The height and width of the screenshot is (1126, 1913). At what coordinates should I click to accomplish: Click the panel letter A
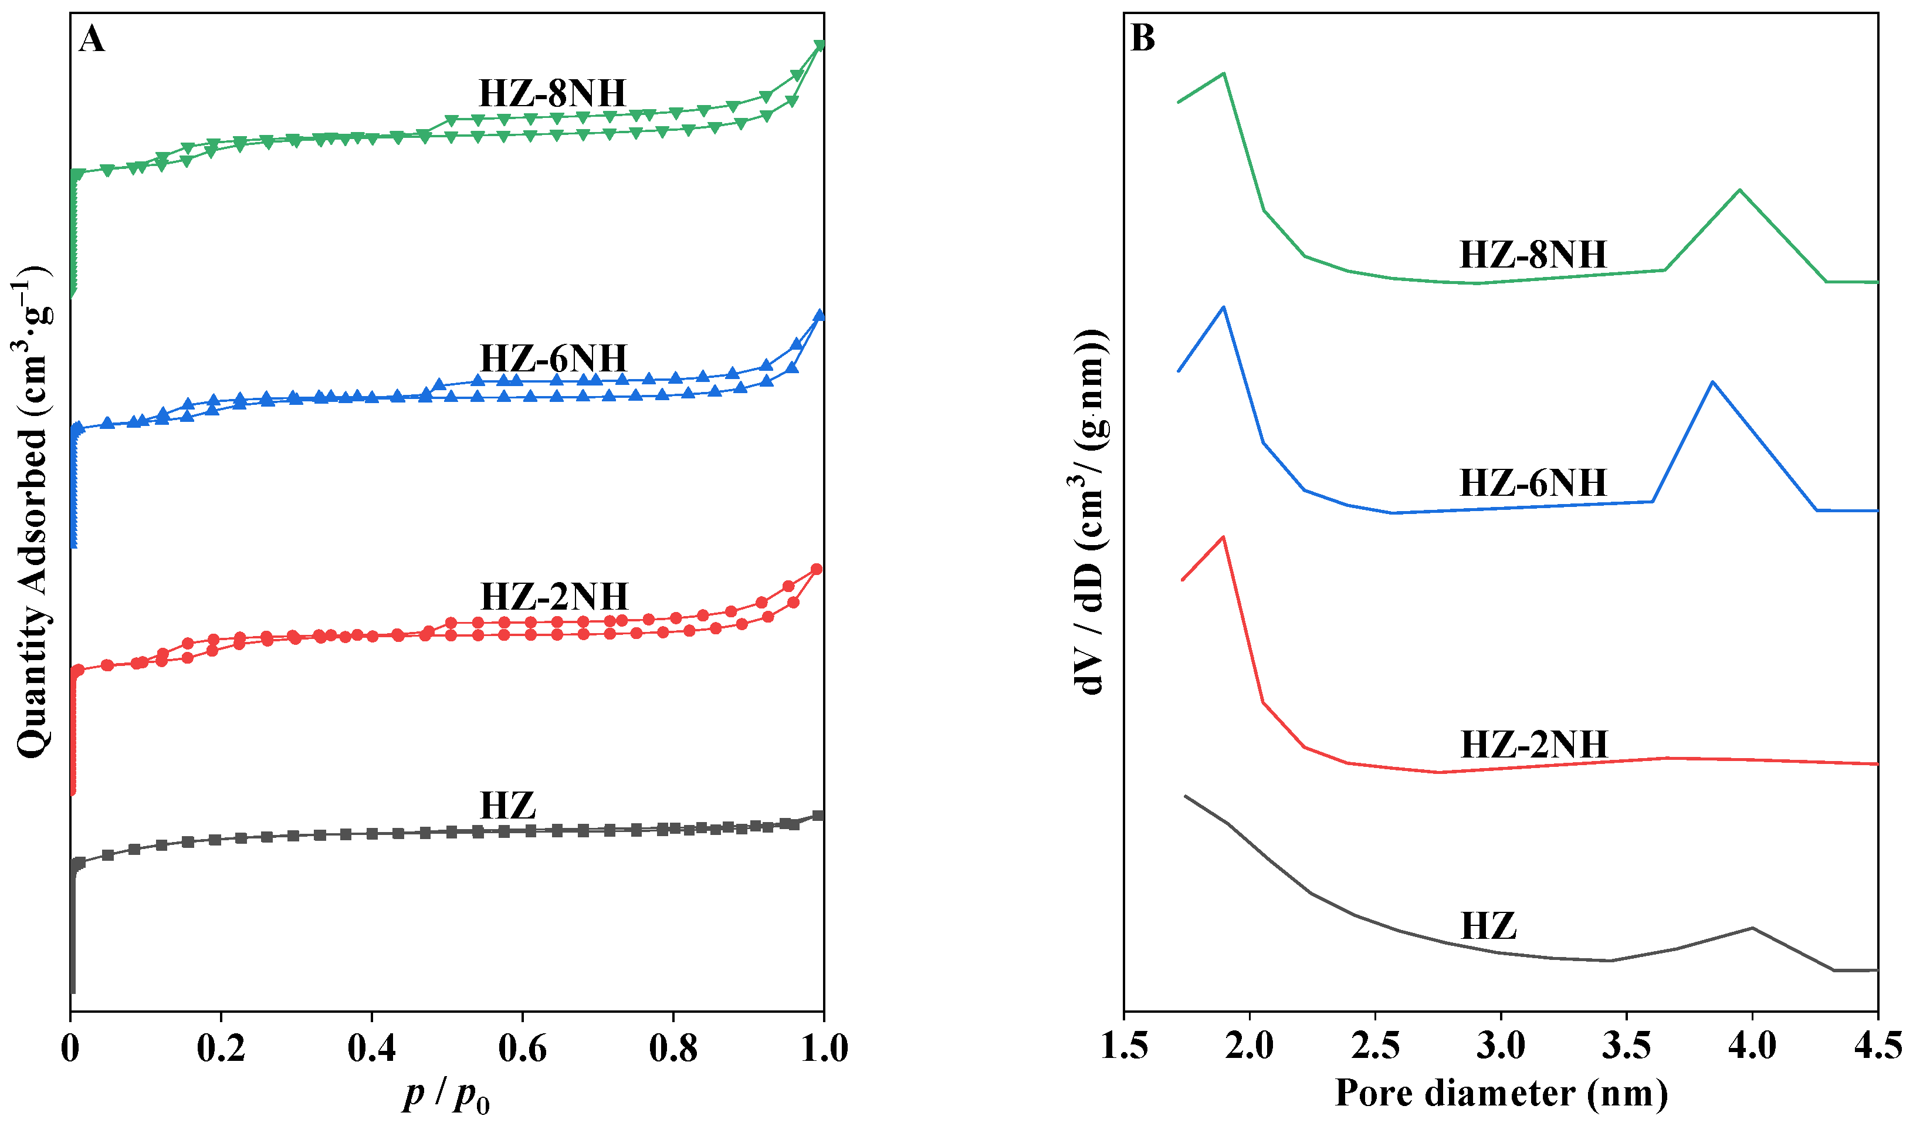click(x=92, y=39)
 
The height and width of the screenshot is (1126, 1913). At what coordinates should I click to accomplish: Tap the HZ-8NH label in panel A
click(x=552, y=93)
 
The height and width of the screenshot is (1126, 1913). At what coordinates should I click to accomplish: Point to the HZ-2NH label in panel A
click(x=554, y=596)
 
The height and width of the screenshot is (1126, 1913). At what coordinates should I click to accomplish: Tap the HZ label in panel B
click(x=1488, y=925)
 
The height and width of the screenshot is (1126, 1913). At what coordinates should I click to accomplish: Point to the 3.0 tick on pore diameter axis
click(x=1500, y=1046)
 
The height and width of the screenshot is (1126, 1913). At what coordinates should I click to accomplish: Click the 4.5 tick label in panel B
click(x=1877, y=1046)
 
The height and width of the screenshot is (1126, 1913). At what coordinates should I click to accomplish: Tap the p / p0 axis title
click(x=446, y=1095)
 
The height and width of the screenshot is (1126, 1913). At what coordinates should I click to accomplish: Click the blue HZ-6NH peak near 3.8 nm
click(x=1712, y=382)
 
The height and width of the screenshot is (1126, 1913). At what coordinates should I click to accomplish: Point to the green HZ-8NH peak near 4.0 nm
click(x=1739, y=190)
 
